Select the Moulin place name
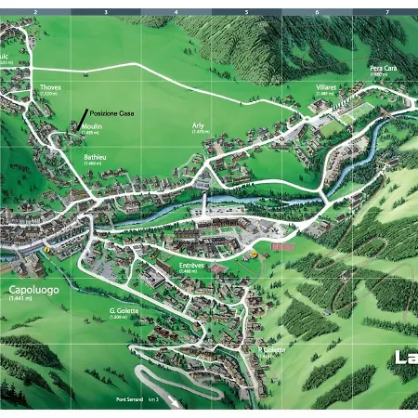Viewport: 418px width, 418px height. coord(91,125)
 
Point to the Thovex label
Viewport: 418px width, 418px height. coord(50,87)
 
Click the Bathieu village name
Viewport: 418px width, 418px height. coord(95,158)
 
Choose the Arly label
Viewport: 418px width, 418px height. coord(198,125)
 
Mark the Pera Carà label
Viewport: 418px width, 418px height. coord(383,68)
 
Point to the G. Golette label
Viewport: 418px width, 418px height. coord(124,310)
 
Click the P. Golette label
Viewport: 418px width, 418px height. coord(272,349)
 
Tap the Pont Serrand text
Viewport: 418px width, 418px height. coord(130,399)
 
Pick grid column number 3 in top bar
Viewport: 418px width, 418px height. coord(105,13)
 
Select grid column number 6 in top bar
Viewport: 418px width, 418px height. coord(317,13)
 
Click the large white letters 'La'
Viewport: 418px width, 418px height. coord(405,358)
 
